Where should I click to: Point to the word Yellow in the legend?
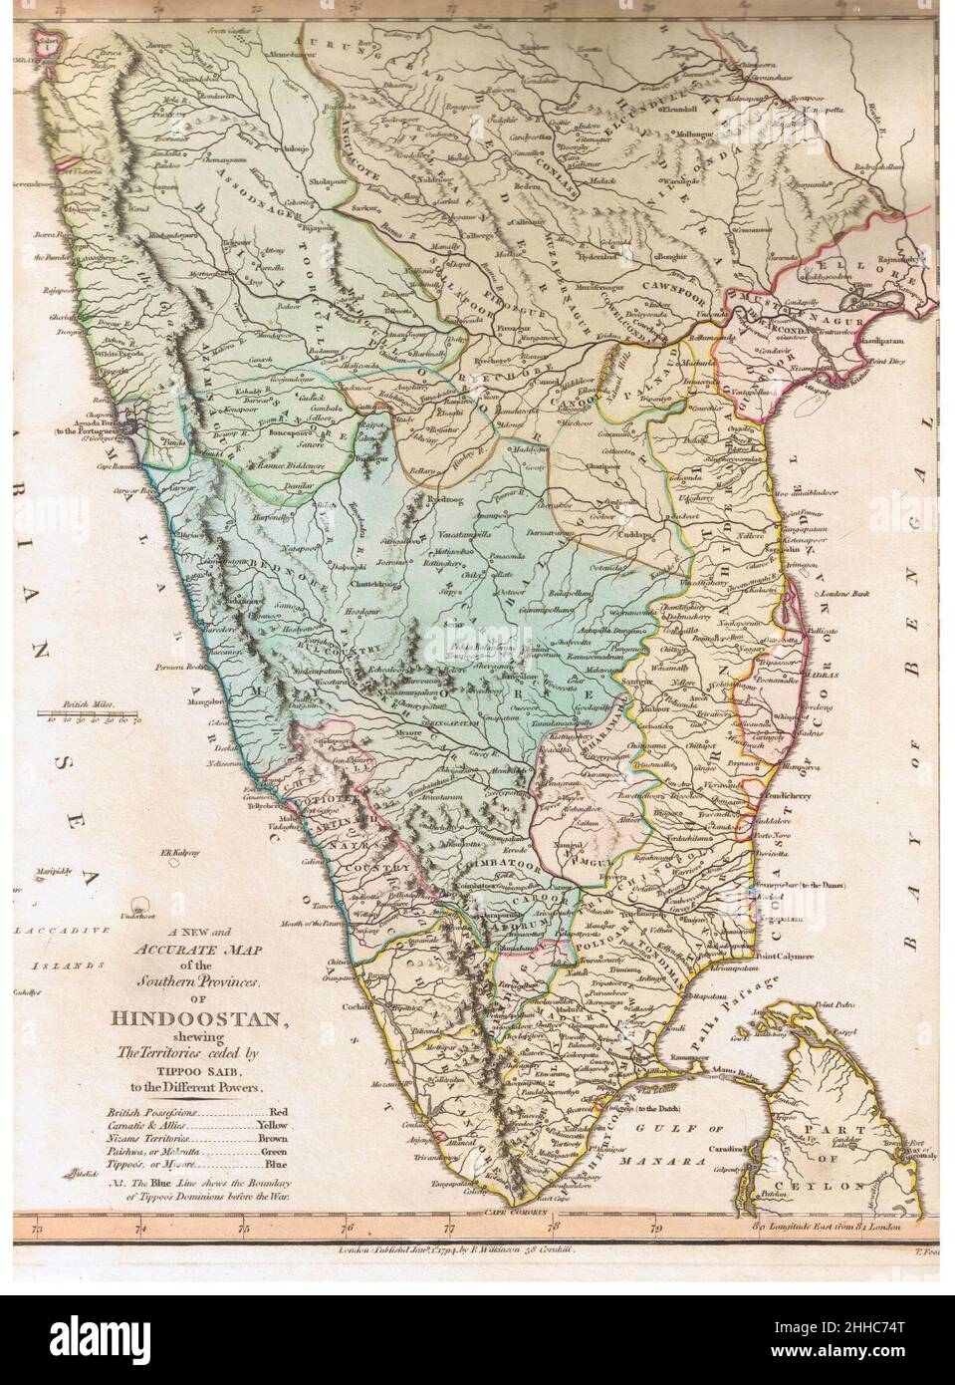point(271,1123)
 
